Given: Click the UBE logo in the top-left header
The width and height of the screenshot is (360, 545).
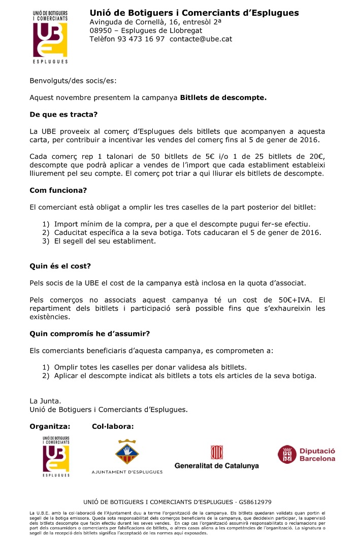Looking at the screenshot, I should (50, 36).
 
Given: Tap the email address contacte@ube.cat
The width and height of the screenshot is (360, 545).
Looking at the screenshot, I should (201, 39).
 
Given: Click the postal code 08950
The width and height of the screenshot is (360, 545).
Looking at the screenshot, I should (101, 30).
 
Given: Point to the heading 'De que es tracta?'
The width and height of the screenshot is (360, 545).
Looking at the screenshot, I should (63, 114).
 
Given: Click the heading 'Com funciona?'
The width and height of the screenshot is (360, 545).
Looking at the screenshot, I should (58, 190).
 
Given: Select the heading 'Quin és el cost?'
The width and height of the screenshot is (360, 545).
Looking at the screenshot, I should (60, 266).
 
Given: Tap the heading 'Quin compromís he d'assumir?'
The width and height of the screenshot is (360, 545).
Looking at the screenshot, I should (90, 333).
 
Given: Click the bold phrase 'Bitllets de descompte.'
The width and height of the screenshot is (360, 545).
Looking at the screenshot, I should (223, 97).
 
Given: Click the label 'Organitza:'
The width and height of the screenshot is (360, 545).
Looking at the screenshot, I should (50, 426).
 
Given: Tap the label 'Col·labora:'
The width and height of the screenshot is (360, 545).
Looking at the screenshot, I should (113, 426).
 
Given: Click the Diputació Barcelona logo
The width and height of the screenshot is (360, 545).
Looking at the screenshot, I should (306, 455).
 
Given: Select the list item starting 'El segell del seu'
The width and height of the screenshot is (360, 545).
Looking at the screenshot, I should (105, 241).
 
